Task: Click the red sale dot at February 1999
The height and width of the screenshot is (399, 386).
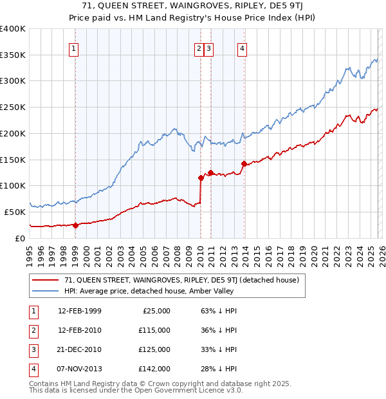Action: coord(76,225)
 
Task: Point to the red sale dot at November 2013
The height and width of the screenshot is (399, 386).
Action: coord(244,163)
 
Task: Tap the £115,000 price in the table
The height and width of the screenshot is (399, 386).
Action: coord(154,330)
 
